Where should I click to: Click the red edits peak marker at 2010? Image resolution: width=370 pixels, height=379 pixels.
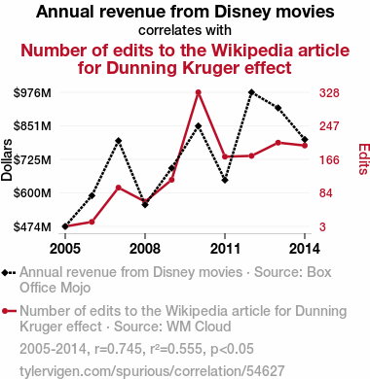(199, 92)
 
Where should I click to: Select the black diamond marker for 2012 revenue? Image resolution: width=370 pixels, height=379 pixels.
(251, 92)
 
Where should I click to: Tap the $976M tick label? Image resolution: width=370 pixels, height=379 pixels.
(32, 93)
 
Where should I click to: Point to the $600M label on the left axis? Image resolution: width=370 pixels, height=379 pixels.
(32, 193)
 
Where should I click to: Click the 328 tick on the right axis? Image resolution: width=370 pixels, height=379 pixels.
(329, 93)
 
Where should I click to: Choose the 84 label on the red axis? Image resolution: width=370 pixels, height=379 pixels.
(326, 193)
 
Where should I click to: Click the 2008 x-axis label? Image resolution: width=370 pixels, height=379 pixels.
(145, 249)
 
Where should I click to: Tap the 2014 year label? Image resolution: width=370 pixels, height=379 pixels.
(305, 249)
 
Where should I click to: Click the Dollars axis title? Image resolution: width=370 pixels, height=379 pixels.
(7, 159)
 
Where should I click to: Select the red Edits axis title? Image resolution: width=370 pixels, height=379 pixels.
(364, 159)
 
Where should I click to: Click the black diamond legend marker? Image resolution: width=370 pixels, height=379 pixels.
(5, 272)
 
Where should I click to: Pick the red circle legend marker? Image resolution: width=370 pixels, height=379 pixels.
(5, 311)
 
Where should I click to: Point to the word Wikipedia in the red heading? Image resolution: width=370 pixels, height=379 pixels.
(262, 51)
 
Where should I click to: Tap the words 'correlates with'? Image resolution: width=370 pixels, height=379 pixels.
(185, 30)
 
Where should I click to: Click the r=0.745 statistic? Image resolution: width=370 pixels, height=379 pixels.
(119, 349)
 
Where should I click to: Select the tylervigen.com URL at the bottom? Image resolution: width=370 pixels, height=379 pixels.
(152, 371)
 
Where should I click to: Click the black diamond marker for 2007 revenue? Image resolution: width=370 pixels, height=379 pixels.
(119, 141)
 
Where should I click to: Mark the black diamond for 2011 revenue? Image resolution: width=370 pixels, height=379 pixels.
(225, 180)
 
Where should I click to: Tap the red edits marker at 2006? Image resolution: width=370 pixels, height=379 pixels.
(92, 222)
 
